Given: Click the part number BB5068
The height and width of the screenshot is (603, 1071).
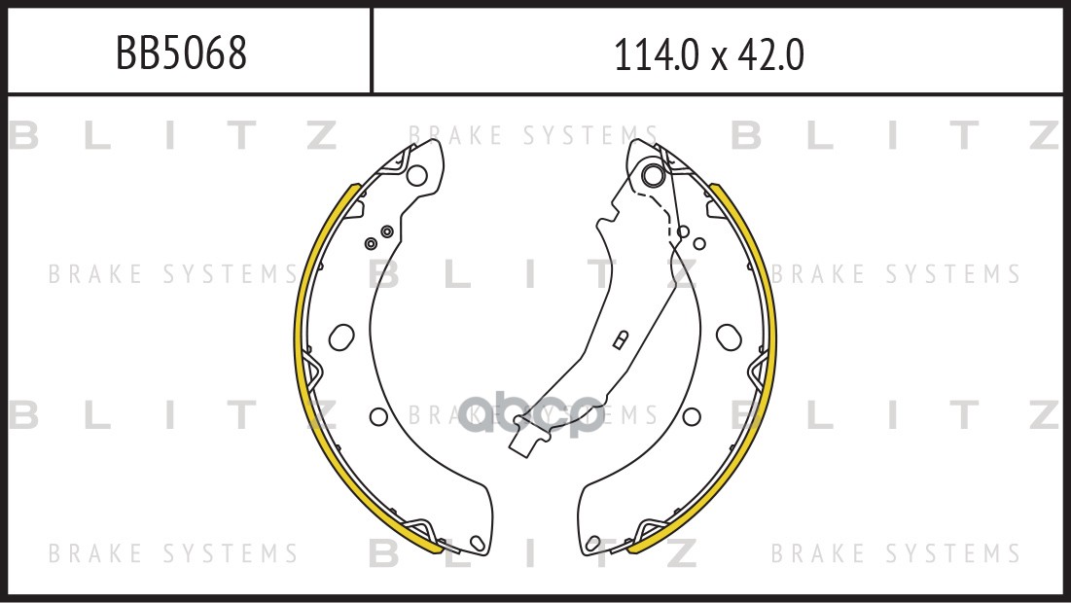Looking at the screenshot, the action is (181, 53).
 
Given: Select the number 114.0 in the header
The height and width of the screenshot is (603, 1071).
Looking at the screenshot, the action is (657, 54).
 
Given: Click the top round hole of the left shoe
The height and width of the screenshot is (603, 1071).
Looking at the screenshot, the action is (416, 175).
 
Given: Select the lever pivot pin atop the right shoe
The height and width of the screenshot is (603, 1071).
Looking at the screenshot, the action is (653, 174).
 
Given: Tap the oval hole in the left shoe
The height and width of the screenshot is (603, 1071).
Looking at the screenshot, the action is (341, 337).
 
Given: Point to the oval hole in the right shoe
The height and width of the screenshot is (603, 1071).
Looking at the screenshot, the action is (729, 337).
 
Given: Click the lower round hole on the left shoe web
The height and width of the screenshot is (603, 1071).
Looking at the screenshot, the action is (378, 416).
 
